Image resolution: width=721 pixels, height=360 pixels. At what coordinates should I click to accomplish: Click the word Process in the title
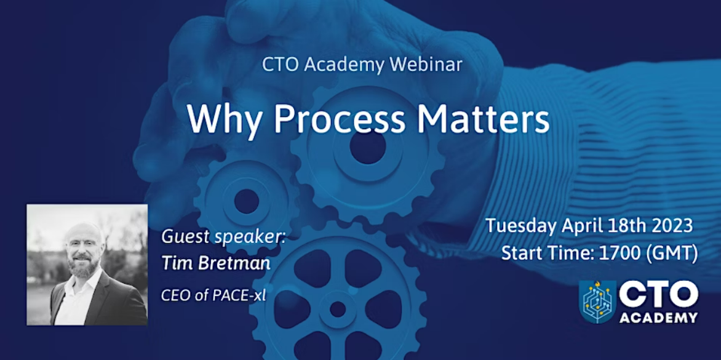(x=340, y=119)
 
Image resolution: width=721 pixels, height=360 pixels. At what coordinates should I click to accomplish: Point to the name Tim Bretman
(x=216, y=263)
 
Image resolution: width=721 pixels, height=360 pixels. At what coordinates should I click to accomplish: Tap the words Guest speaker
(x=223, y=239)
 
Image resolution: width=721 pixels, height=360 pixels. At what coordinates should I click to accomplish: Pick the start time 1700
(x=616, y=253)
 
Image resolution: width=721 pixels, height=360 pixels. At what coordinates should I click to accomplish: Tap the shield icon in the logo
(x=597, y=302)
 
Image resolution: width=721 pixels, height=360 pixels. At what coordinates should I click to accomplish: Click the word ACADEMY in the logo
(x=658, y=318)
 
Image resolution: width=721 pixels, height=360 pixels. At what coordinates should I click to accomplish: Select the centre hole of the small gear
(x=247, y=201)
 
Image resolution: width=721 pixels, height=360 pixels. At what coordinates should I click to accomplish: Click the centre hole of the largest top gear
(x=367, y=147)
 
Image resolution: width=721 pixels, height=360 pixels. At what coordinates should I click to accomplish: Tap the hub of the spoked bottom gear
(x=338, y=309)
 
